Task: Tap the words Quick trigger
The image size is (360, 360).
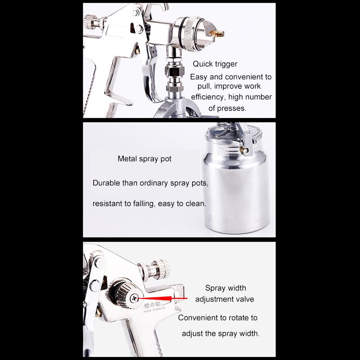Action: coord(215,64)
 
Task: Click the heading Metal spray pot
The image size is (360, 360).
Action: coord(144,159)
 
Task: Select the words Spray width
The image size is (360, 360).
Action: coord(225,288)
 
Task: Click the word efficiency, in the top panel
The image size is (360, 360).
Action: coord(208,97)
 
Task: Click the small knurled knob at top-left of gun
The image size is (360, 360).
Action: coord(91,22)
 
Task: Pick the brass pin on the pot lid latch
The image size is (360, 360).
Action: coord(244,151)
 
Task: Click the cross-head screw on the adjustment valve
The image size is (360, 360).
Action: coord(134,299)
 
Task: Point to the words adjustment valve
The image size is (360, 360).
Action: coord(225,299)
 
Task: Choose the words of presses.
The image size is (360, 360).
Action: coord(227,108)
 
